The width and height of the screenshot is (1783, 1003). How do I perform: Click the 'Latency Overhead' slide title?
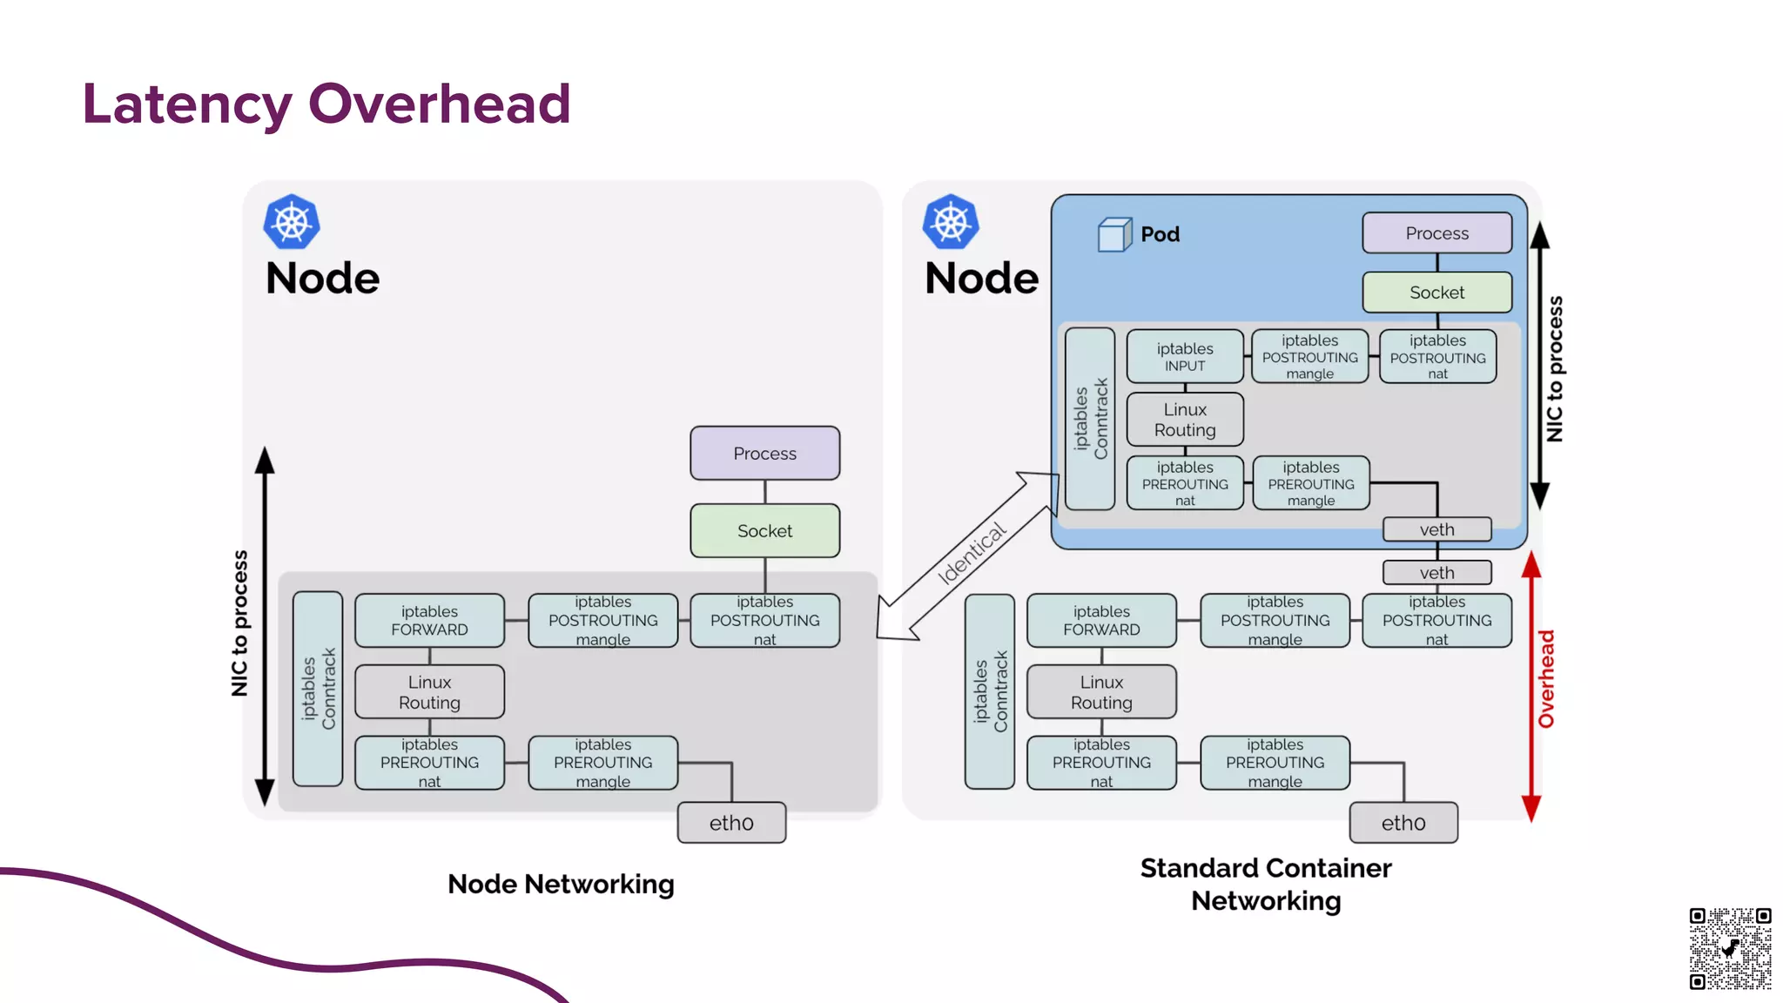[326, 104]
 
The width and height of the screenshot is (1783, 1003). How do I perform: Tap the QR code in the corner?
[1730, 948]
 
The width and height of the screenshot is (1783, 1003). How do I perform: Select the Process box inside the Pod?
[1436, 233]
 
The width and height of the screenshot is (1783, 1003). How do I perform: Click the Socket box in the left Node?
[764, 531]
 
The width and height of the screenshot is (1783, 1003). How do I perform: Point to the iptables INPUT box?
[1184, 357]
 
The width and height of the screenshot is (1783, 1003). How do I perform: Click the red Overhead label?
[1546, 679]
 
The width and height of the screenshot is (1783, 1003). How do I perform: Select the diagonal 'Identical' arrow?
[969, 556]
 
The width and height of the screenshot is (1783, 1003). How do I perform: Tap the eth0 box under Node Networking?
[731, 823]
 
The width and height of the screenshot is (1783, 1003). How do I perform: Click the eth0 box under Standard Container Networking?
[1403, 823]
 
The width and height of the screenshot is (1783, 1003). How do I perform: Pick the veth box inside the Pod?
[1436, 529]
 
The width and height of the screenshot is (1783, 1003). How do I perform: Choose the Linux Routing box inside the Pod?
[1184, 420]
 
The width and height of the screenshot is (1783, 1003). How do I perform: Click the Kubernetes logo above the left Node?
[292, 222]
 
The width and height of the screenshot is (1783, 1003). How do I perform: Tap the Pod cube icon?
[1114, 234]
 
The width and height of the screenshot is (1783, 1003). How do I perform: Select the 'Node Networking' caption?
[561, 885]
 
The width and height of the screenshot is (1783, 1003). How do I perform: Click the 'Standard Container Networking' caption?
[1265, 885]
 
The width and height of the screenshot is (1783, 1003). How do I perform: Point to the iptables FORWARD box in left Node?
[429, 621]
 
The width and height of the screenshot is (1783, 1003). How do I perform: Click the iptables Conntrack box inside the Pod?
[1089, 419]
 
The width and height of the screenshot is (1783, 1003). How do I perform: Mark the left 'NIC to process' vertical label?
[239, 623]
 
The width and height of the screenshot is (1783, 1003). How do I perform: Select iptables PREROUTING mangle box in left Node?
[602, 763]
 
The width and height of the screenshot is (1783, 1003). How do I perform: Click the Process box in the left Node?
[764, 454]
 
